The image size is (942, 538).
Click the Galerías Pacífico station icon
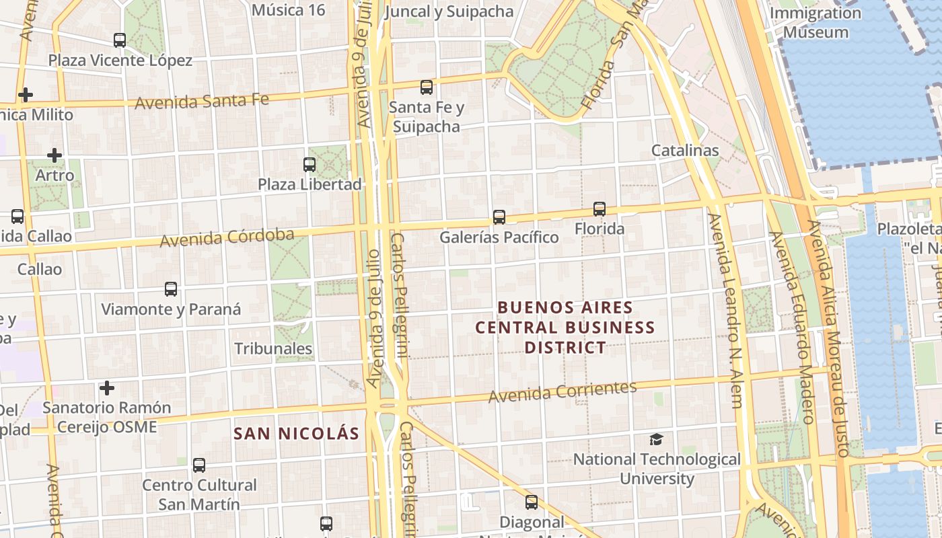point(499,217)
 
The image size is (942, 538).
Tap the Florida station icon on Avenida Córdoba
point(599,209)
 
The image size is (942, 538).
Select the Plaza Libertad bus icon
point(309,164)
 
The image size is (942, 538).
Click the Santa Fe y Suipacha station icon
point(426,87)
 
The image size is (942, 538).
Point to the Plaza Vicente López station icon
point(119,40)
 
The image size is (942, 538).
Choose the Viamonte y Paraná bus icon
point(171,289)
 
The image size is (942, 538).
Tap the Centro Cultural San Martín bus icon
point(198,465)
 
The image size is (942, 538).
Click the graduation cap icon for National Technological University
point(656,439)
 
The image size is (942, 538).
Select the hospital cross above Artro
point(55,155)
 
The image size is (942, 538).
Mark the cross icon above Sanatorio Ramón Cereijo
point(106,388)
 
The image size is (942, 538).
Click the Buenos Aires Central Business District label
point(565,328)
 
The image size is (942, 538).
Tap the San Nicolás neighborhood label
point(296,433)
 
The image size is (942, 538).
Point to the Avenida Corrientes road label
point(563,391)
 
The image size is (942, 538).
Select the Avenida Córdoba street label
point(227,237)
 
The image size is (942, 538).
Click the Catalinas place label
point(685,150)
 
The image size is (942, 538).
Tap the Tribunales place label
point(273,348)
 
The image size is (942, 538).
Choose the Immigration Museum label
point(816,22)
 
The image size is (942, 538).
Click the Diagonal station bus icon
point(531,502)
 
